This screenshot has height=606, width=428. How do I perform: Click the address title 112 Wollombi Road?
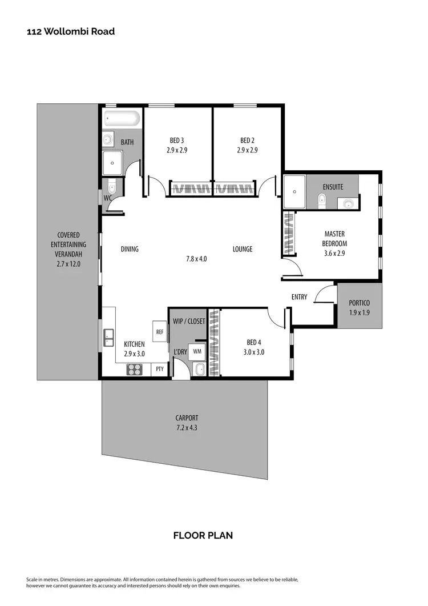coord(71,31)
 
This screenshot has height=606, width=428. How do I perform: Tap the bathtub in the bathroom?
coord(122,119)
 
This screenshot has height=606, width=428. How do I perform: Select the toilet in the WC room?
coord(112,186)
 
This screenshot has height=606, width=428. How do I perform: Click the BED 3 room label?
coord(177,141)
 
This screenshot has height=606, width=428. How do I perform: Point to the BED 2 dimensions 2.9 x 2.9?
coord(247,151)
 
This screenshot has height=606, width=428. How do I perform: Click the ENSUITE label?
coord(333,187)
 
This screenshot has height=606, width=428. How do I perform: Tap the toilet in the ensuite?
coord(322,199)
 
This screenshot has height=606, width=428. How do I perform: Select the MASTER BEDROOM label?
coord(334,239)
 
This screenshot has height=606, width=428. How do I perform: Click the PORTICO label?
coord(360,303)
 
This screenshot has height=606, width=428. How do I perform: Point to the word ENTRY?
coord(299,297)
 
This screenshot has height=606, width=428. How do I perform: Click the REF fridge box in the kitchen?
coord(160,331)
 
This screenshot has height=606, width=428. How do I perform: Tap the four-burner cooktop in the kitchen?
coord(134,370)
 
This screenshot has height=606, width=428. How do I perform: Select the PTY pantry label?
coord(160,369)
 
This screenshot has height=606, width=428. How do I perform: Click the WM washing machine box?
coord(197,351)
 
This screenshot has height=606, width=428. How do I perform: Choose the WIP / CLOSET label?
coord(189,322)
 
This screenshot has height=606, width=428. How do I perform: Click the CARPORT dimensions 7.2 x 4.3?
coord(187,428)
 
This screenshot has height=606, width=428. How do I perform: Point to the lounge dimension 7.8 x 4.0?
coord(196,259)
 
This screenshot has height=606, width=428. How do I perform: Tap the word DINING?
coord(130,249)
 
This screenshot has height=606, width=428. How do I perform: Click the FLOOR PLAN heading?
coord(203,535)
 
